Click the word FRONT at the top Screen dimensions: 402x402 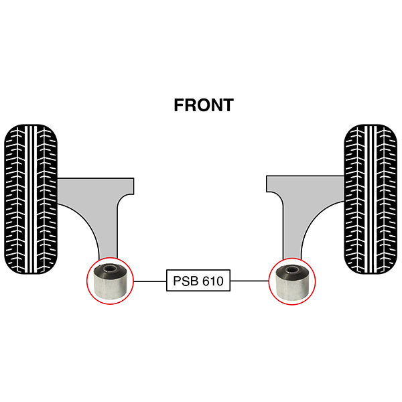coord(204,105)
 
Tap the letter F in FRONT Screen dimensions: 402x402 coord(179,105)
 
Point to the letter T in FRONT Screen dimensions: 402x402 coord(228,105)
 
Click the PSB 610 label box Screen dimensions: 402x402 coord(198,280)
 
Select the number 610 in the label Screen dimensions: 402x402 coord(213,281)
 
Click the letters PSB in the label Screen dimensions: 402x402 coord(186,281)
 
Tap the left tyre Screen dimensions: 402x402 coord(31,199)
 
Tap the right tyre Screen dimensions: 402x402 coord(371,199)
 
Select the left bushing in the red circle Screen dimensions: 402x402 coord(111,281)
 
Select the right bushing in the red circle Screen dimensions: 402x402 coord(292,281)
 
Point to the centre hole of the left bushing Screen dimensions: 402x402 coord(110,269)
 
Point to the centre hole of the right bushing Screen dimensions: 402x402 coord(291,269)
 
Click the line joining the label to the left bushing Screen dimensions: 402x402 coord(150,281)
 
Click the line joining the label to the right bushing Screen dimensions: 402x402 coord(249,281)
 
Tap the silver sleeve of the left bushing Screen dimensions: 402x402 coord(110,288)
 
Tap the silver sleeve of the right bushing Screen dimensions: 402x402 coord(291,289)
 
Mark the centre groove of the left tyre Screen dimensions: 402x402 coord(31,199)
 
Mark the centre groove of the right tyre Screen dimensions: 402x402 coord(371,199)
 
